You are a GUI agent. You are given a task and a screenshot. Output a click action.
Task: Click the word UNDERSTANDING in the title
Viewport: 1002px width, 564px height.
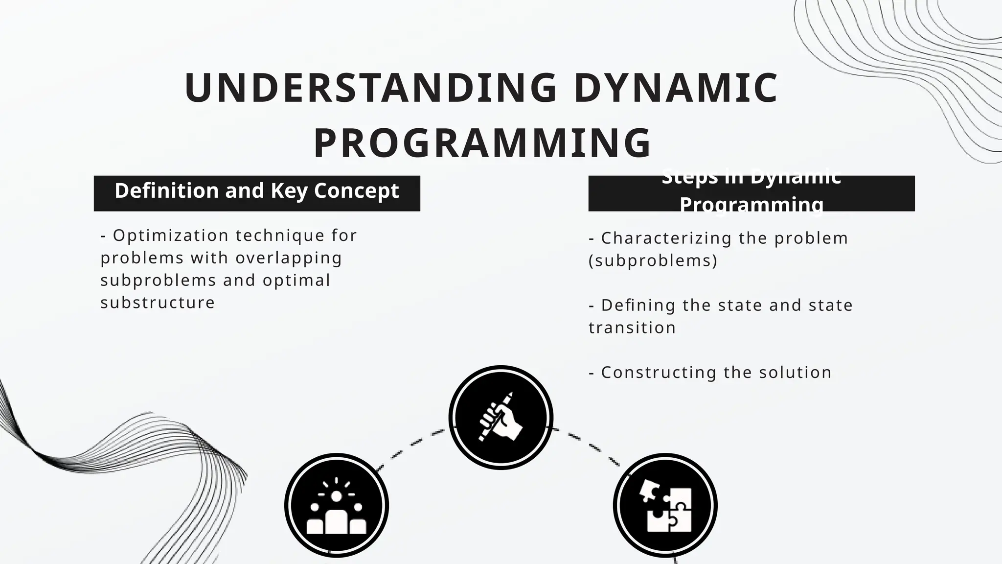[370, 89]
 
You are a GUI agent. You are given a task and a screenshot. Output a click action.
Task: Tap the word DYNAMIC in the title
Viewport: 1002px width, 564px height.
[676, 89]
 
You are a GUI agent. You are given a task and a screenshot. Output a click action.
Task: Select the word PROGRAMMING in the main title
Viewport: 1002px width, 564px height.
[482, 143]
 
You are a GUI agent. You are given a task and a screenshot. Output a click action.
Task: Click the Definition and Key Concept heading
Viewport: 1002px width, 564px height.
[257, 191]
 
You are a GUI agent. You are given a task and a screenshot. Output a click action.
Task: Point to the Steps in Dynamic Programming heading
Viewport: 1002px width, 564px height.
[751, 193]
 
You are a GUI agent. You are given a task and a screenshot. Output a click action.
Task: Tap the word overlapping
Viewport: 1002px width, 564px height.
[289, 258]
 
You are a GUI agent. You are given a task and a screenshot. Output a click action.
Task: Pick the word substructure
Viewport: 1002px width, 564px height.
[158, 303]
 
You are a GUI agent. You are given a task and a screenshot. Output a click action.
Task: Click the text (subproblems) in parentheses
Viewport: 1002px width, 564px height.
[653, 260]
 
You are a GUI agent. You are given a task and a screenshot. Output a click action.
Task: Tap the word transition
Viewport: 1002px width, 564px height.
[632, 328]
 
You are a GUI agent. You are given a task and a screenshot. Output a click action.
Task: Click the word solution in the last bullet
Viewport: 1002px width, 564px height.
[795, 372]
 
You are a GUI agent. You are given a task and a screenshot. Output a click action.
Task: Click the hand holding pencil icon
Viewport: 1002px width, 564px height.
[501, 417]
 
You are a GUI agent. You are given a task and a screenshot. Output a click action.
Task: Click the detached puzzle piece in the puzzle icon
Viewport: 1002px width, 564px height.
[649, 490]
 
